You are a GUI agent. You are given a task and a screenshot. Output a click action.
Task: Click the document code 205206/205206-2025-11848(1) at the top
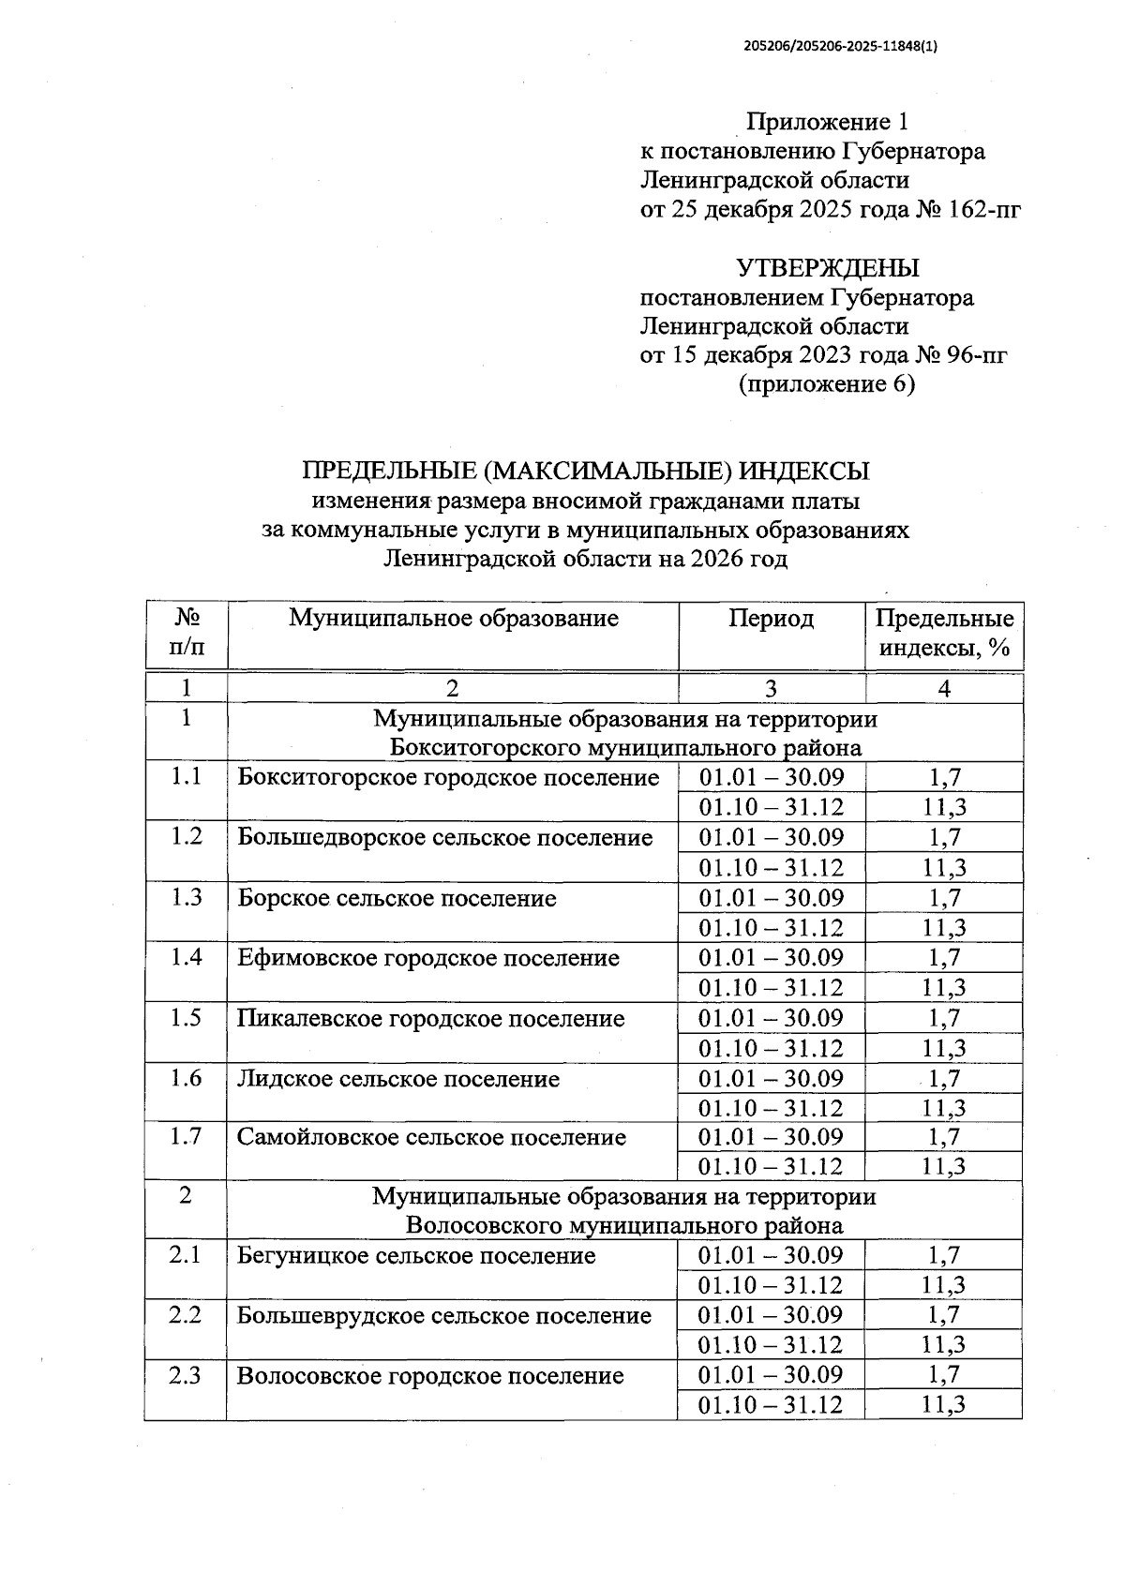(x=841, y=45)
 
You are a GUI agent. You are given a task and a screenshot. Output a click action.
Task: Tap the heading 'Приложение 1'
(x=827, y=122)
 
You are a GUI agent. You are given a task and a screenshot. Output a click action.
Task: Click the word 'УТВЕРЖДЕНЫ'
(x=828, y=268)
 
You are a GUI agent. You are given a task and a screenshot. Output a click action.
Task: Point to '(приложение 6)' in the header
(x=827, y=384)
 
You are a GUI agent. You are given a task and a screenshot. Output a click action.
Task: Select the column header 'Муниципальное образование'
(x=453, y=619)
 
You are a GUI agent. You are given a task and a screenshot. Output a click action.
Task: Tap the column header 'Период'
(x=771, y=619)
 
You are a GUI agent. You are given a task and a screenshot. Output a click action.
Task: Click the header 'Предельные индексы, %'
(x=944, y=634)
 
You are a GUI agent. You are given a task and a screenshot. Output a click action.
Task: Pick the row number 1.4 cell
(x=187, y=958)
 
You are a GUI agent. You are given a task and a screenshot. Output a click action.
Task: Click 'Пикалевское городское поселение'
(x=430, y=1019)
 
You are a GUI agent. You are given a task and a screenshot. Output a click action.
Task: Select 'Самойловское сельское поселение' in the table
(x=431, y=1138)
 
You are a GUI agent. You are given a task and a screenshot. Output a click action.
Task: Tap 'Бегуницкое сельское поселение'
(x=416, y=1256)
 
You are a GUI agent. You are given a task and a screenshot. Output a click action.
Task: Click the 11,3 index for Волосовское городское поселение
(x=944, y=1404)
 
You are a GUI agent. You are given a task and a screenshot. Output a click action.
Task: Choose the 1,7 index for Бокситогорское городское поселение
(x=944, y=777)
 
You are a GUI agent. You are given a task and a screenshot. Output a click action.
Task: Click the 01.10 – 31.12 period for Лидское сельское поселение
(x=771, y=1108)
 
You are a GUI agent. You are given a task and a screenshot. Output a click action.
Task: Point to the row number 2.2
(x=186, y=1315)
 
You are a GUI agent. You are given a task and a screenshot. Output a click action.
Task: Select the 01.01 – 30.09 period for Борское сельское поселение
(x=771, y=898)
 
